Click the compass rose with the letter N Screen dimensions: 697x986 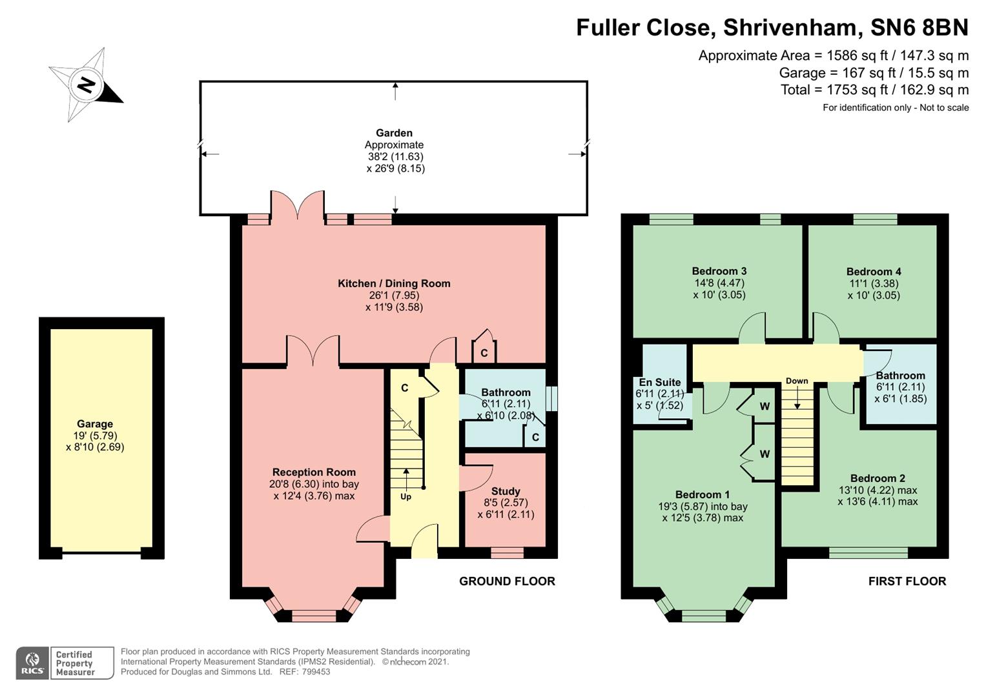tap(86, 85)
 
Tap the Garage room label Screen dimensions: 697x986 tap(95, 424)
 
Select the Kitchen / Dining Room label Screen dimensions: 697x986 tap(394, 283)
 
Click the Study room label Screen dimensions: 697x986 tap(506, 491)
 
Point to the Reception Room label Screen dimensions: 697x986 tap(314, 472)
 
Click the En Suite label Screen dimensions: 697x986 tap(659, 382)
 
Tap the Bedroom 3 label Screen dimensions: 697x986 tap(719, 271)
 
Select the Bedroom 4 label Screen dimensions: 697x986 tap(874, 272)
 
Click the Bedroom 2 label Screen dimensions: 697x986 tap(878, 478)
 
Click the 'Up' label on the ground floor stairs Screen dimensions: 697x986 tap(406, 496)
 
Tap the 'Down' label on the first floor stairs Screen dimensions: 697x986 tap(797, 381)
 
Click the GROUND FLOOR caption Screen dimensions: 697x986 tap(507, 581)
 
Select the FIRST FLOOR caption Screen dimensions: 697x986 tap(907, 581)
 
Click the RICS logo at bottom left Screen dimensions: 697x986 tap(32, 663)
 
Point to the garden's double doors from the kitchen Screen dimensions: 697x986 tap(298, 207)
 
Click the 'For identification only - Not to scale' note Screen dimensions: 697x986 tap(895, 108)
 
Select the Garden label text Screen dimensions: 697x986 tap(394, 133)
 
